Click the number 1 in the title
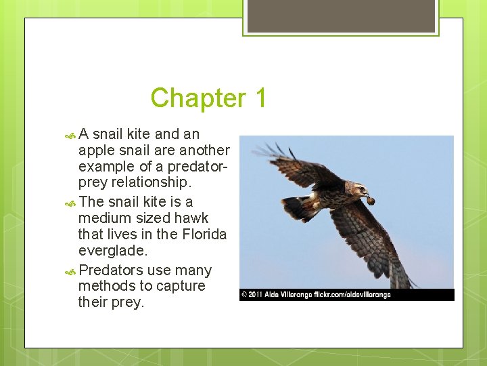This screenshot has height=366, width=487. (261, 98)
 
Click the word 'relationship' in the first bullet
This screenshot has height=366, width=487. (149, 183)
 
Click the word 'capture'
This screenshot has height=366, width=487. (181, 286)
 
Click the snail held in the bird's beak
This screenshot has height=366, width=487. (371, 200)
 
